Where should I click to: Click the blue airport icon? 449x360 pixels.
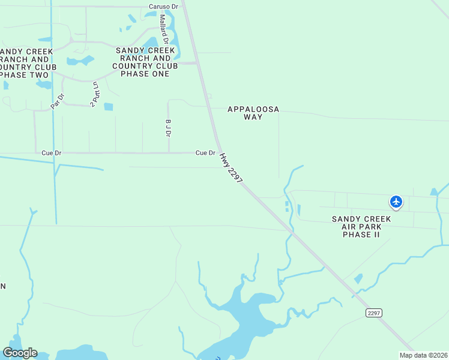pos(396,202)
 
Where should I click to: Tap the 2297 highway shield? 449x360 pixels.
pos(374,313)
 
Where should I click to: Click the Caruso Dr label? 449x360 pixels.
pos(164,7)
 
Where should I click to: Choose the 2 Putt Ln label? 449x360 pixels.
pos(95,94)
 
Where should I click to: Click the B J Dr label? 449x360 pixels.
pos(168,128)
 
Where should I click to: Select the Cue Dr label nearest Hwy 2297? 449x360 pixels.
pos(205,153)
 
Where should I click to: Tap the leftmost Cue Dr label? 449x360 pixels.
pos(52,153)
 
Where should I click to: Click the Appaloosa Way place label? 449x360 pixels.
pos(253,113)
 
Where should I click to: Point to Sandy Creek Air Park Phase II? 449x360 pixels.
pos(361,227)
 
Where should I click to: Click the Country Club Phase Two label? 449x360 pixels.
pos(24,63)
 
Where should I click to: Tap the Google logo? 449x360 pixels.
pos(20,353)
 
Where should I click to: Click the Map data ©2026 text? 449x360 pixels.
pos(423,355)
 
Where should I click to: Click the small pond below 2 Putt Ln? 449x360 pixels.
pos(109,107)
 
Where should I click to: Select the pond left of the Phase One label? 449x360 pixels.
pos(80,61)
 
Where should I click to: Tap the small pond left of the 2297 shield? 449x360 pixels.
pos(358,278)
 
